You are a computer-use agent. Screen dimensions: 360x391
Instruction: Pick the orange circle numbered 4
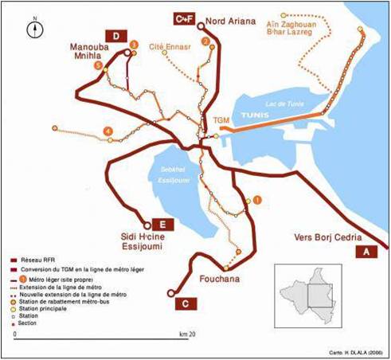[107, 131]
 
